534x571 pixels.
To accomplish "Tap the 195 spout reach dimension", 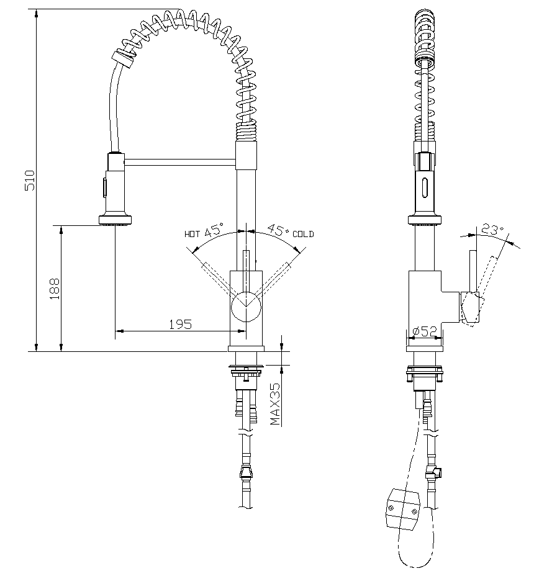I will coord(180,323).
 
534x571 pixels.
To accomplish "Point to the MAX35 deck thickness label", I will coord(275,403).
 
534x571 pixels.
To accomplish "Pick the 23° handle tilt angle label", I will coord(491,230).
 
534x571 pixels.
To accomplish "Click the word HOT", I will coord(192,234).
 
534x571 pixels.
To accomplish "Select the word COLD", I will coord(303,234).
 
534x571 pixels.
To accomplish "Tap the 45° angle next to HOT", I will coord(213,231).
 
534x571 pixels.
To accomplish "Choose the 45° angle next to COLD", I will coord(277,230).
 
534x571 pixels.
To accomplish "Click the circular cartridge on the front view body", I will coord(247,305).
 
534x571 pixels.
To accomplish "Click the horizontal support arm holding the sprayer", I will coord(180,162).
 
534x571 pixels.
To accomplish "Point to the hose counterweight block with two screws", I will coord(403,508).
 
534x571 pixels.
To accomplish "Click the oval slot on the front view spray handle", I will coord(104,186).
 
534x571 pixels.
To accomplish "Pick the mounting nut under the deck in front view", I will coord(247,371).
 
